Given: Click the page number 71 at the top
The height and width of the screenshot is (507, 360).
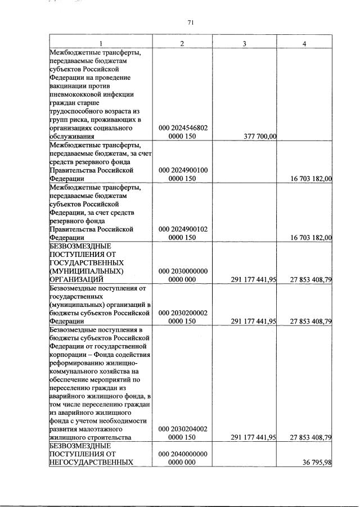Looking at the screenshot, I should click(190, 22).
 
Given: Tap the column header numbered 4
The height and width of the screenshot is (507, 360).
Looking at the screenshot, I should click(304, 44).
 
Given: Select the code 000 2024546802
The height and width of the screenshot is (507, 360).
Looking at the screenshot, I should click(183, 128).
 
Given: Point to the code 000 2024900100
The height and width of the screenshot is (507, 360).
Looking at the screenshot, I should click(183, 169).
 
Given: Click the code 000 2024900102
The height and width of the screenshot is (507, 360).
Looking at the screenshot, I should click(183, 229).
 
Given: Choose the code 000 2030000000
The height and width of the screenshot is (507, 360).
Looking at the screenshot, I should click(183, 270).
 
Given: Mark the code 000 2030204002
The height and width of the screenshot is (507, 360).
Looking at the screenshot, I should click(183, 428).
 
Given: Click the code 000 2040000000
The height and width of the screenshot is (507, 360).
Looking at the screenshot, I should click(183, 454).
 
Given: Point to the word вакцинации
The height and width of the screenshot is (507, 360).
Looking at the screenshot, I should click(69, 85).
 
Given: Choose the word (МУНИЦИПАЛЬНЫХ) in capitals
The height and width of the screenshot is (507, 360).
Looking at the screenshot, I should click(84, 271).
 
